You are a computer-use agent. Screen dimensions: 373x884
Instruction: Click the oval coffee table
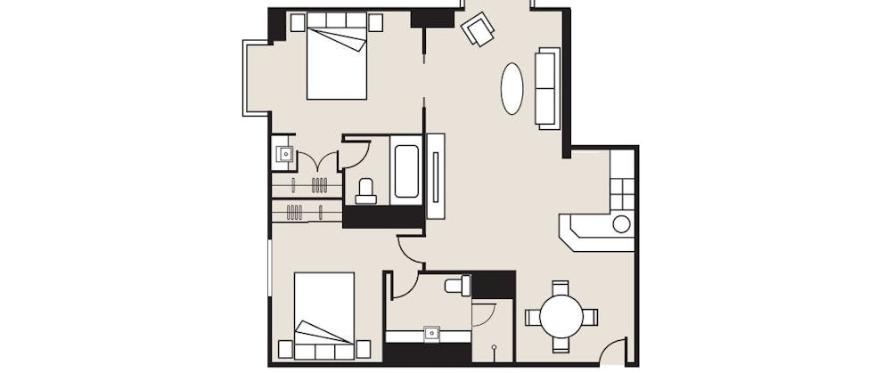point(512,88)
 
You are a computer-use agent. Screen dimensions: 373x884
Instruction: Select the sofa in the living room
point(547,87)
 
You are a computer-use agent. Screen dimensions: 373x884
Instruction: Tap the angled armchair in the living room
point(479,29)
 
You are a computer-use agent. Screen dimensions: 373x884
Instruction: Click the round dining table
point(561,316)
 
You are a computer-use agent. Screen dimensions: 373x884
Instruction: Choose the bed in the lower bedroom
point(324,315)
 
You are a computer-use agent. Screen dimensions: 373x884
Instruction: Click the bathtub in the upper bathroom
point(406,170)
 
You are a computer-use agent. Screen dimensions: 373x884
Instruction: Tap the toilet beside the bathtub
point(365,190)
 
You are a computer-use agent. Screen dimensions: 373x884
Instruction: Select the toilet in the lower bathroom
point(457,286)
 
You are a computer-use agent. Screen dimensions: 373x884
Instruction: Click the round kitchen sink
point(621,223)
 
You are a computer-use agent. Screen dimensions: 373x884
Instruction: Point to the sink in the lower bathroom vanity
point(432,333)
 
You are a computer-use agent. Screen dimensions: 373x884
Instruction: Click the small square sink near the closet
point(284,154)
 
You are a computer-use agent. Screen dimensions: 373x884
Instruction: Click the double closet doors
point(317,162)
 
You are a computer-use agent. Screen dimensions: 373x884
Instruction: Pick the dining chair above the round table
point(561,288)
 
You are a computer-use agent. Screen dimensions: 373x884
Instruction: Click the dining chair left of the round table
point(532,316)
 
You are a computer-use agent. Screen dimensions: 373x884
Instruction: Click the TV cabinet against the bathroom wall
point(436,175)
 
